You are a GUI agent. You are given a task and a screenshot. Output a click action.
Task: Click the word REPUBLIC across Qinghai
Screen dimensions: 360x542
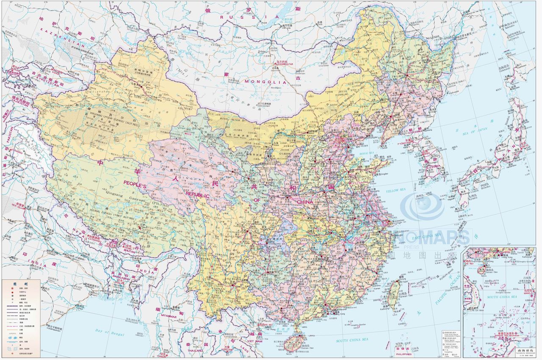(x=195, y=195)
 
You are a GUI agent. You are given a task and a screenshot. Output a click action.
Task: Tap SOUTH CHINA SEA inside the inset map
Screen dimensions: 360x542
(x=502, y=296)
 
